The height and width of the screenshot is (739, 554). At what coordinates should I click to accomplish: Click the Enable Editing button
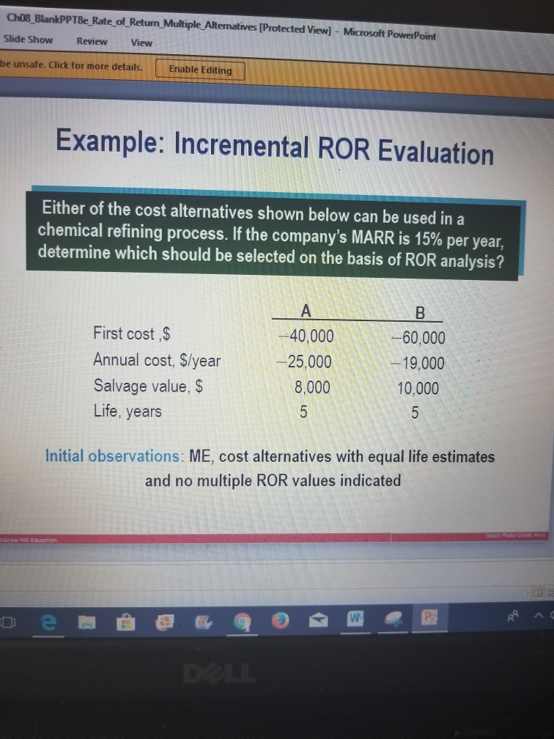tap(200, 70)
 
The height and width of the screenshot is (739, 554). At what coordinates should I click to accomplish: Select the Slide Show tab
tap(28, 40)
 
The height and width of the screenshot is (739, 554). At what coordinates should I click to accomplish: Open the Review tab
tap(92, 41)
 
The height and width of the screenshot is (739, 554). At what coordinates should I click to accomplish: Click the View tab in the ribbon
tap(141, 42)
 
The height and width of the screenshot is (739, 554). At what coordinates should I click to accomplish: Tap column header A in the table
tap(306, 312)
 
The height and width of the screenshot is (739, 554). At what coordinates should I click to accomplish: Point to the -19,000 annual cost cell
tap(418, 363)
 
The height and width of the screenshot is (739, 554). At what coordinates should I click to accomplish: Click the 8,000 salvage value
tap(310, 386)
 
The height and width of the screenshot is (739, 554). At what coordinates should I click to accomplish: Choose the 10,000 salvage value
tap(418, 389)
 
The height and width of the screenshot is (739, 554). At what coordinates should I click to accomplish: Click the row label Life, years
tap(128, 411)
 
